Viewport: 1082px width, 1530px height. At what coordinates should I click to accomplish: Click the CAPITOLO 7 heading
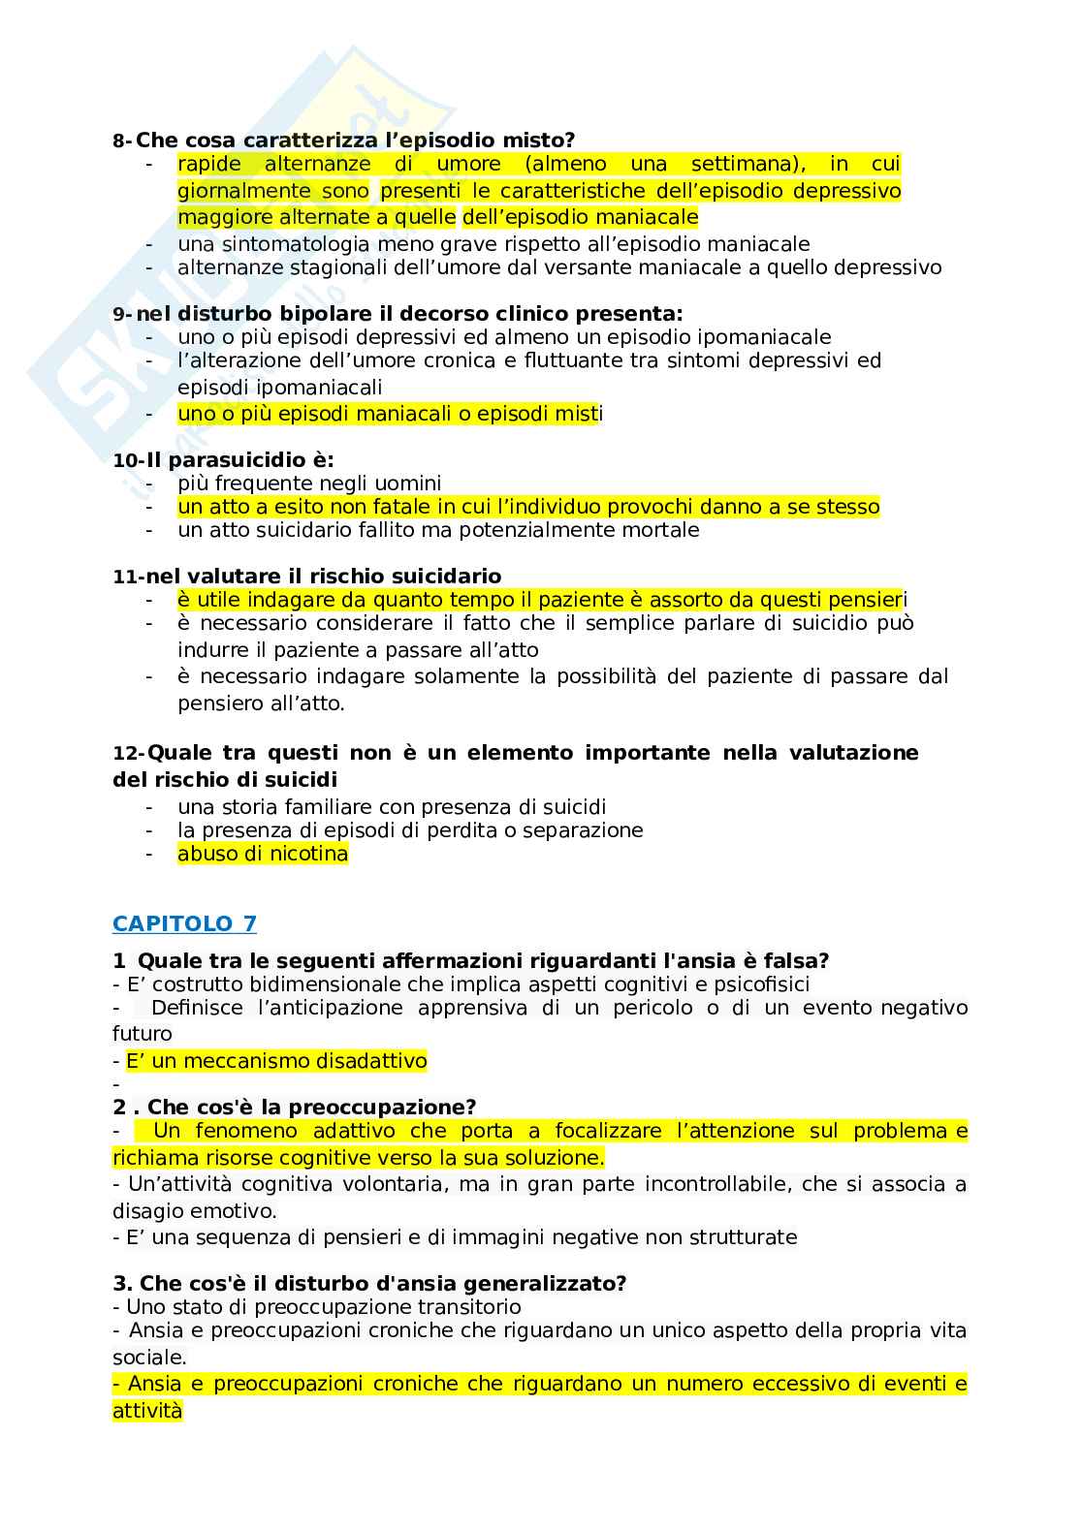184,923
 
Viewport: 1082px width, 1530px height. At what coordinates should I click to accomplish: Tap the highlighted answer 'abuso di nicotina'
262,854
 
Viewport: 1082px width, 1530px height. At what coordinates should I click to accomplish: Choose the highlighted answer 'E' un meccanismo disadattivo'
276,1061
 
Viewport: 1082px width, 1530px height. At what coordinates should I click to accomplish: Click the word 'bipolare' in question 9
336,314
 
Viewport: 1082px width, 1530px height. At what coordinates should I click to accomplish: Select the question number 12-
128,754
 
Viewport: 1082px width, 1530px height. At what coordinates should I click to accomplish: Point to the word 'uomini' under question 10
408,484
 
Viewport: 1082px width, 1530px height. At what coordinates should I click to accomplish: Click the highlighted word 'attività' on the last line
147,1411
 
